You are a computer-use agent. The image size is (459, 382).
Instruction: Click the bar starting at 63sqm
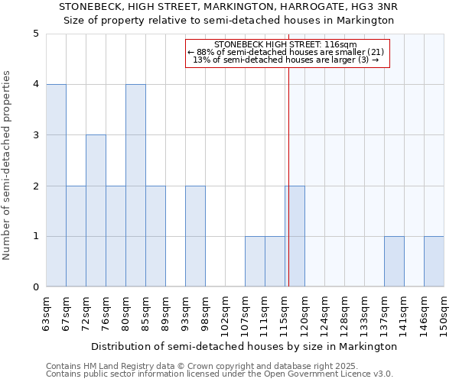click(56, 186)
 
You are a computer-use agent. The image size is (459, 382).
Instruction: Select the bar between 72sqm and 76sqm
click(96, 211)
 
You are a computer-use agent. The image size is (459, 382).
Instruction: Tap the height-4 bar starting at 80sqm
click(135, 186)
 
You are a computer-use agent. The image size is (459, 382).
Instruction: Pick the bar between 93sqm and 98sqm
click(195, 236)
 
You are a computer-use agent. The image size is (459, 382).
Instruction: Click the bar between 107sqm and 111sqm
click(255, 261)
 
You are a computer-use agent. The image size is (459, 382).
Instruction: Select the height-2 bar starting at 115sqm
click(295, 236)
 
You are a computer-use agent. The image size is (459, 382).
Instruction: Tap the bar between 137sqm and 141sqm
click(394, 261)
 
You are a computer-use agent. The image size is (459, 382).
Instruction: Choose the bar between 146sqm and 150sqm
click(434, 261)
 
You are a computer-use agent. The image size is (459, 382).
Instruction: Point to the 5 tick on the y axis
click(36, 34)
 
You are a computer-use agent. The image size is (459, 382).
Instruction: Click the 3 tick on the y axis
click(36, 135)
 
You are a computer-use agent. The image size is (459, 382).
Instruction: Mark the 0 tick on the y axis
click(36, 287)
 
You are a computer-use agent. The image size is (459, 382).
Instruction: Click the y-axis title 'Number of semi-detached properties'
click(8, 165)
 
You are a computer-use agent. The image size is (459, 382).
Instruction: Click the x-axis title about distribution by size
click(245, 346)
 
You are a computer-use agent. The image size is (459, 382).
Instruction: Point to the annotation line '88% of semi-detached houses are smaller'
click(285, 52)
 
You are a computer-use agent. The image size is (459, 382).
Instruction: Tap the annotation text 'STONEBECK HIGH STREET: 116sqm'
click(285, 44)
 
